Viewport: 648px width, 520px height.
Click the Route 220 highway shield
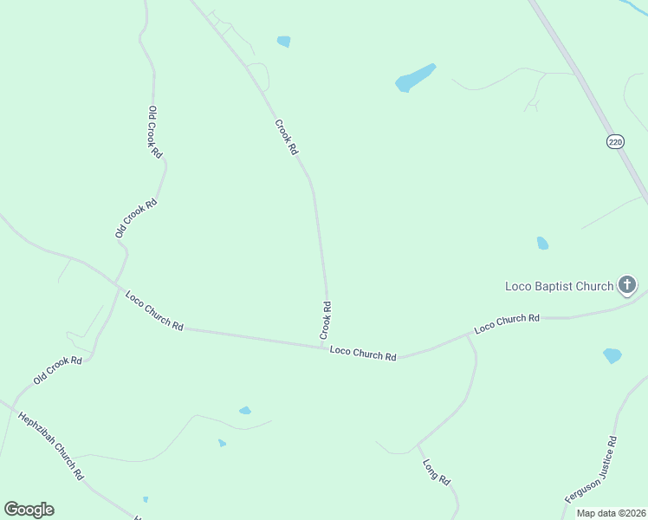pyautogui.click(x=615, y=142)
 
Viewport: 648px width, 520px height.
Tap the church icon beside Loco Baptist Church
pyautogui.click(x=627, y=284)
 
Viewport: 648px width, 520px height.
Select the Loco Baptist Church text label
pyautogui.click(x=559, y=286)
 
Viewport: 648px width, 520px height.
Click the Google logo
pyautogui.click(x=29, y=510)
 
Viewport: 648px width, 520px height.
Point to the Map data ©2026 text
pyautogui.click(x=611, y=512)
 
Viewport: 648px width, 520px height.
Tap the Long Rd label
pyautogui.click(x=437, y=471)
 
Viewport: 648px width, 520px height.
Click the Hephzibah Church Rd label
pyautogui.click(x=51, y=445)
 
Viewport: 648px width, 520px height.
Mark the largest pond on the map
pyautogui.click(x=415, y=78)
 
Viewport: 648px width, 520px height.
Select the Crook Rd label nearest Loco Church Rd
pyautogui.click(x=326, y=320)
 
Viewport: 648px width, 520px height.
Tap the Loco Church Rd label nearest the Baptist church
pyautogui.click(x=507, y=324)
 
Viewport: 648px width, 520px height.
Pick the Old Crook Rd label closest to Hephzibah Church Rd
pyautogui.click(x=58, y=370)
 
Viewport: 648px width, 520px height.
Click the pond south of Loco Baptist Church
pyautogui.click(x=612, y=355)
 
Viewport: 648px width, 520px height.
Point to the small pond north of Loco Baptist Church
pyautogui.click(x=542, y=244)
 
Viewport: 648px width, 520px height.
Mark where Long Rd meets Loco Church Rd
pyautogui.click(x=468, y=335)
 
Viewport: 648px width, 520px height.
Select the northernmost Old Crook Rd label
pyautogui.click(x=155, y=131)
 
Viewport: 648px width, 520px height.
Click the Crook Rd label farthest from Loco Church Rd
pyautogui.click(x=287, y=137)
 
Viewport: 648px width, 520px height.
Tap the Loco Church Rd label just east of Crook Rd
pyautogui.click(x=363, y=355)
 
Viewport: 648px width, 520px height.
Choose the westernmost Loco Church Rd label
pyautogui.click(x=154, y=310)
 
